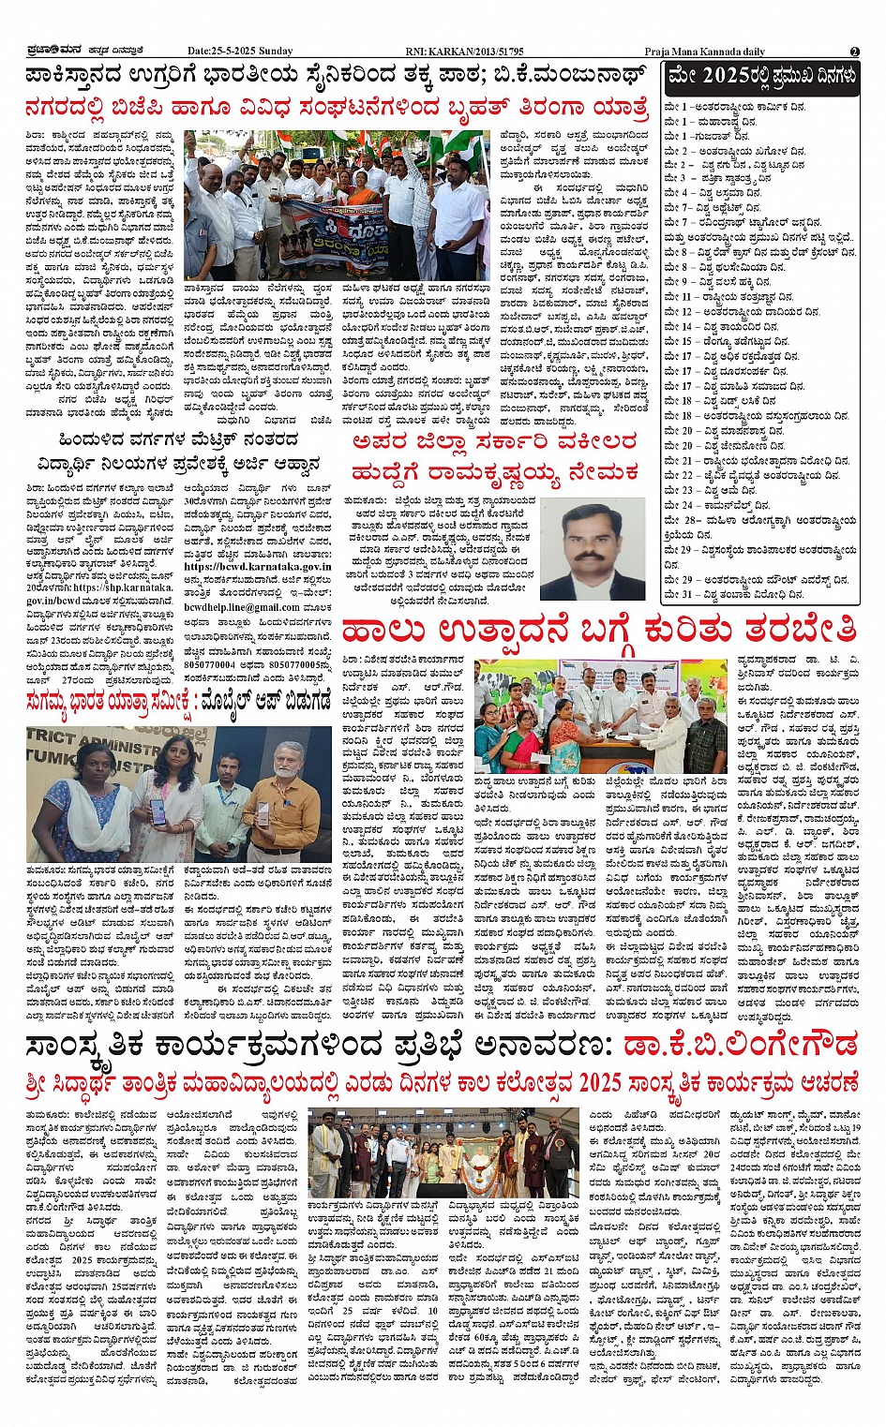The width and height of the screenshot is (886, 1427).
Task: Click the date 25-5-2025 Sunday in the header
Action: [240, 51]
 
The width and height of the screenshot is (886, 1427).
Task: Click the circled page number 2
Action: [854, 52]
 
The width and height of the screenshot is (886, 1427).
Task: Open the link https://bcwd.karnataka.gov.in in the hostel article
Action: [258, 567]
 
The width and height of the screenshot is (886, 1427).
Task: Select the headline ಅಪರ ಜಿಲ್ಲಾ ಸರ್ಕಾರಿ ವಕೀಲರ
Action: [494, 442]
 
